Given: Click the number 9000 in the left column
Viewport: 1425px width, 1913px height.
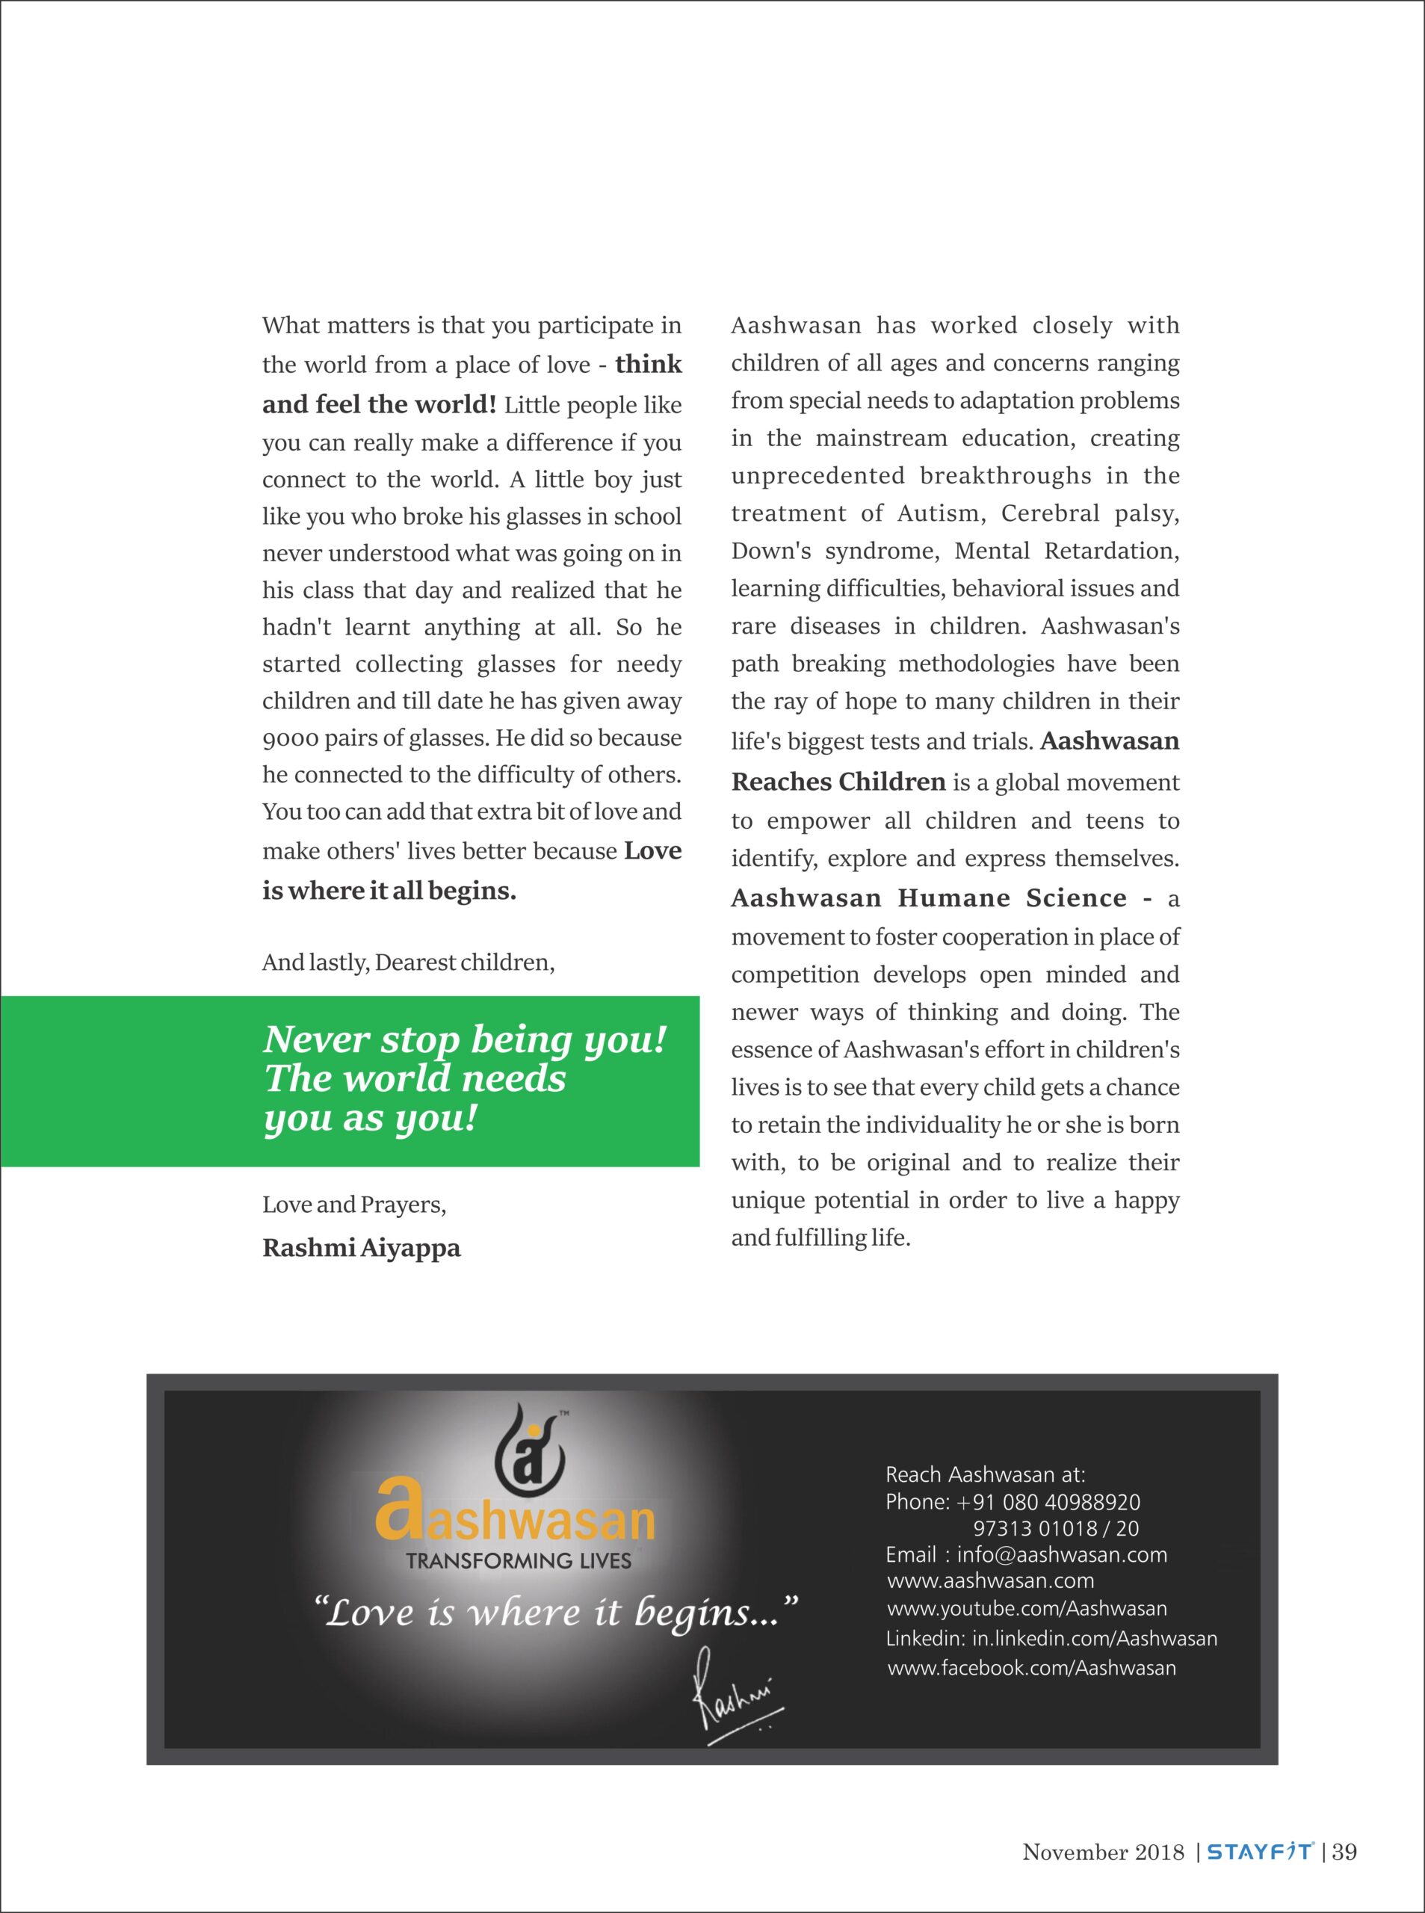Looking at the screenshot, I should [290, 739].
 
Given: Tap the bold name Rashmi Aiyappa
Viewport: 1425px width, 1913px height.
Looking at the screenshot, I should [362, 1248].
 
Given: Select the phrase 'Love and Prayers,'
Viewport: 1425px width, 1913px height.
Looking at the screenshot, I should [353, 1205].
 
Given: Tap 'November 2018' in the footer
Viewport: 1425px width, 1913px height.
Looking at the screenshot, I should [1103, 1852].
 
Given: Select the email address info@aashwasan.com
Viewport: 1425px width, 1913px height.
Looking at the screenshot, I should [1061, 1554].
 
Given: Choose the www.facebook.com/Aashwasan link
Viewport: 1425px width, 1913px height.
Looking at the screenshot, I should [1032, 1667].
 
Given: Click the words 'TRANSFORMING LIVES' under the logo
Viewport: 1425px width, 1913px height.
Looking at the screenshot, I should [519, 1560].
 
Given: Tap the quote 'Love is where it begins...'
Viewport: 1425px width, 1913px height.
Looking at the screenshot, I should [557, 1613].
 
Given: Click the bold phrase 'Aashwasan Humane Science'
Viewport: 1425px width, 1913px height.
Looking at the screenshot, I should [928, 898].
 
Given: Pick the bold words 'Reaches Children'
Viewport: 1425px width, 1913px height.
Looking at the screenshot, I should [838, 782].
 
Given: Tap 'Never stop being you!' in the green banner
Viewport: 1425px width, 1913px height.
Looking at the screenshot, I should [465, 1040].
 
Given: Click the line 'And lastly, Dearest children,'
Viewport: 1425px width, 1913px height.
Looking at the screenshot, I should [408, 962].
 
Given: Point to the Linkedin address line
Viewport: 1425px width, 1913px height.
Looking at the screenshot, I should [1051, 1638].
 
